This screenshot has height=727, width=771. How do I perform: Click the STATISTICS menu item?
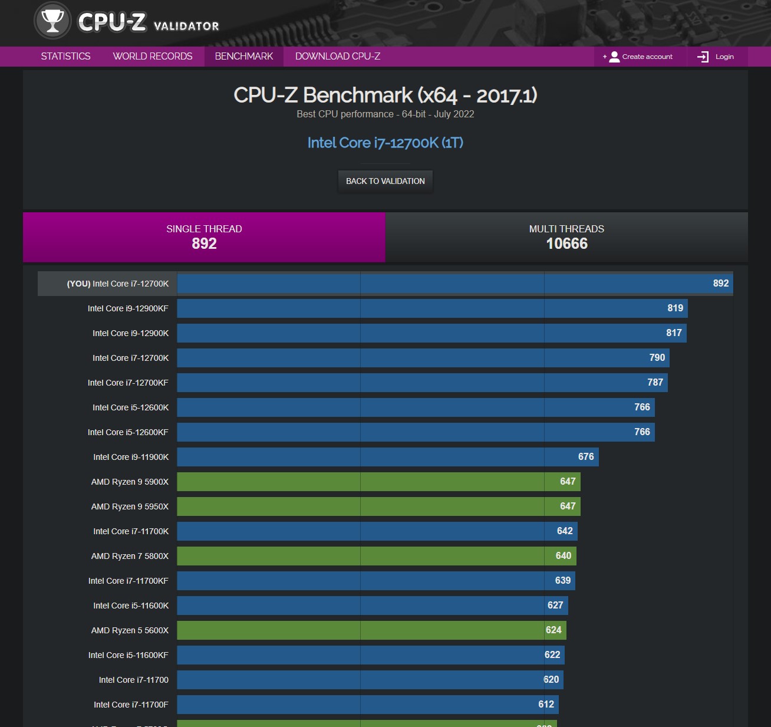point(65,57)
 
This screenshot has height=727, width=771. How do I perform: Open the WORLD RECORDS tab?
point(153,57)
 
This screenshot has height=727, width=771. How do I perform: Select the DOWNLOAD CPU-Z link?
point(337,57)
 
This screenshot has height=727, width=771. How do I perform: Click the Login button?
point(717,57)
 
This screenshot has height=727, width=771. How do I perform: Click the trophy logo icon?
point(52,21)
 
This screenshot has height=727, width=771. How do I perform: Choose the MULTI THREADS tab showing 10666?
point(566,237)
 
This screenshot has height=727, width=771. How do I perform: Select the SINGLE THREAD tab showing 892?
point(204,237)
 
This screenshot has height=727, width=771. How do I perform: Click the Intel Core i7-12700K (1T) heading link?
point(385,143)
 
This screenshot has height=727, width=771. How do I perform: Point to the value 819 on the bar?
point(675,308)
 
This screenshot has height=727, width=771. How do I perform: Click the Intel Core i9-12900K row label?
point(130,333)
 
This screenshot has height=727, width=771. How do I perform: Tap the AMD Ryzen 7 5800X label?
point(130,556)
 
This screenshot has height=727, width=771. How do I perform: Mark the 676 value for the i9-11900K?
point(586,457)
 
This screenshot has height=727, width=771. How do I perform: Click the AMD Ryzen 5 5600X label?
point(130,630)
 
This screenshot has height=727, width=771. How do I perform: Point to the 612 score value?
point(546,705)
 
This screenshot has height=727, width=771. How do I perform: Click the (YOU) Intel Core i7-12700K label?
point(117,284)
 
